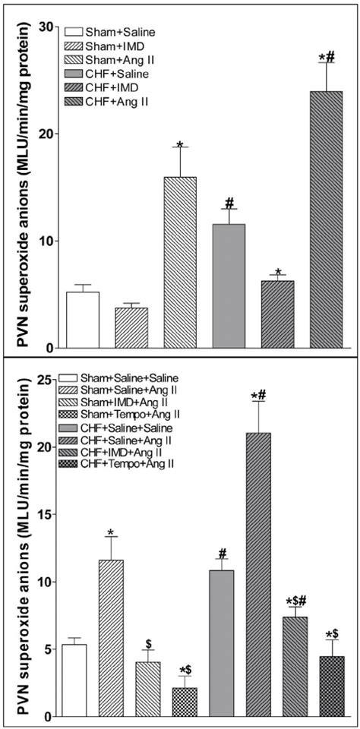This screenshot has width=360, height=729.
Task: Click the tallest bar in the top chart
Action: (x=327, y=220)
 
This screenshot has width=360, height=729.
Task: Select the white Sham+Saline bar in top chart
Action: (x=82, y=320)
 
